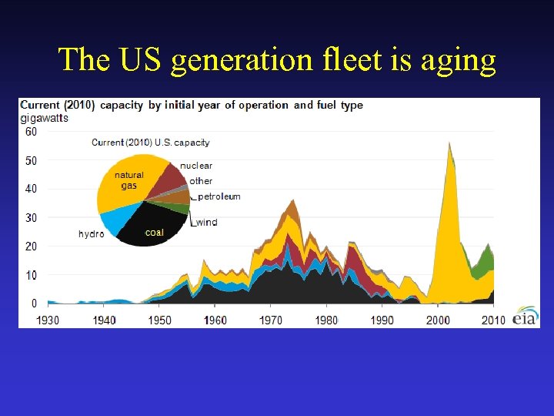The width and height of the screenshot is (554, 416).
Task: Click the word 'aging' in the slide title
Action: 459,60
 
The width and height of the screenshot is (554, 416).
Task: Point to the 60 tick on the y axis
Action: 30,132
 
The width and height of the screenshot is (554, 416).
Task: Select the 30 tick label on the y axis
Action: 30,218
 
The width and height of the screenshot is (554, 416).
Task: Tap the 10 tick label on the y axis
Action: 30,275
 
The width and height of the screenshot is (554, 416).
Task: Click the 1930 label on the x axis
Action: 48,320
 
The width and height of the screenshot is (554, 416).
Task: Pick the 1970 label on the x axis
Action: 270,320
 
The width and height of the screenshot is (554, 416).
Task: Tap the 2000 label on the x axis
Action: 438,320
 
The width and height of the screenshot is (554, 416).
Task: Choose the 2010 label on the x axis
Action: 493,320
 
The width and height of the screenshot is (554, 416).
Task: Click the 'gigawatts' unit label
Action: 44,118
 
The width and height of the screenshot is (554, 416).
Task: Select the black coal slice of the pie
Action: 154,226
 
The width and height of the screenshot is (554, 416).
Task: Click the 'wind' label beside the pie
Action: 206,223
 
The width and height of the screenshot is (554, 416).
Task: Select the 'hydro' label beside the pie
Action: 91,233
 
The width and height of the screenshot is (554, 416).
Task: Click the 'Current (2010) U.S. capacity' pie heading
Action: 150,143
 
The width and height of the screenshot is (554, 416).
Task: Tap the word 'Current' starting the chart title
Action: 42,105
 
